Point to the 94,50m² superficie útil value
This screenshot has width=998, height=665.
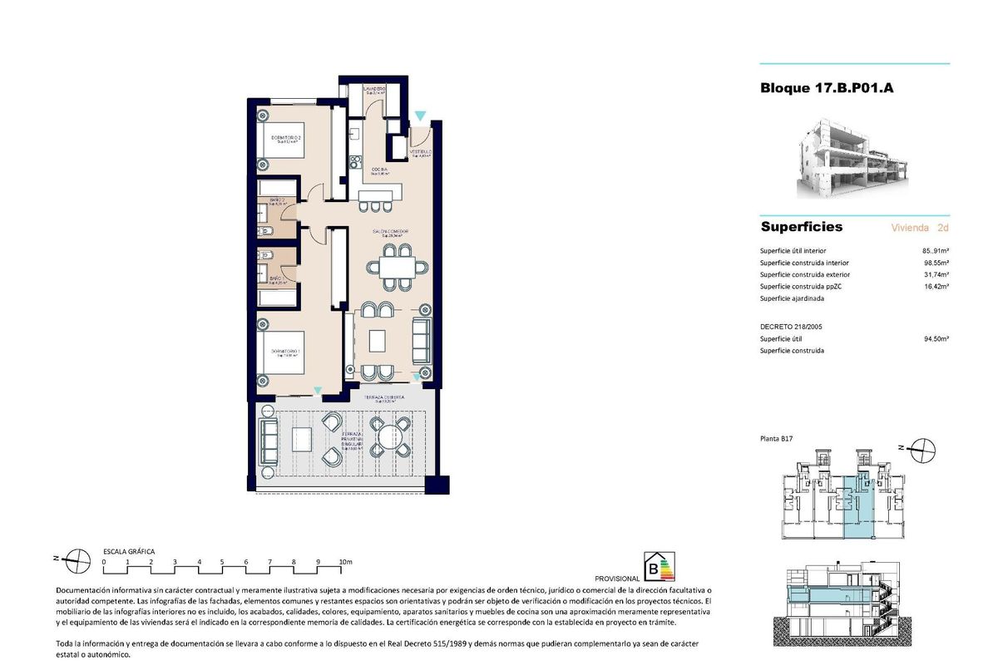tap(936, 338)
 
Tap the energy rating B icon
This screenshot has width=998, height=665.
tap(661, 568)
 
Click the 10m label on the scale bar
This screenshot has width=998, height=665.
tap(346, 563)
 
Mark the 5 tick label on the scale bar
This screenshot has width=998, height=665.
tap(223, 563)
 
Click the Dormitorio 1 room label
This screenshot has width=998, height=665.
tap(285, 353)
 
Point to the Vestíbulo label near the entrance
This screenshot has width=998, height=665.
tap(420, 154)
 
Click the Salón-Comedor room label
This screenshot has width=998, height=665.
tap(390, 233)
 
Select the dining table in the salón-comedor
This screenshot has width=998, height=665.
tap(396, 267)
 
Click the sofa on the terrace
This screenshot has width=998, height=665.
tap(269, 441)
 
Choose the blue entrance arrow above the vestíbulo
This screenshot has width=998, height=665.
tap(421, 116)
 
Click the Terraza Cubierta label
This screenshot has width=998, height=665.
tap(383, 399)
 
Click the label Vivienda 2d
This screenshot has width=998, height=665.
tap(919, 227)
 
